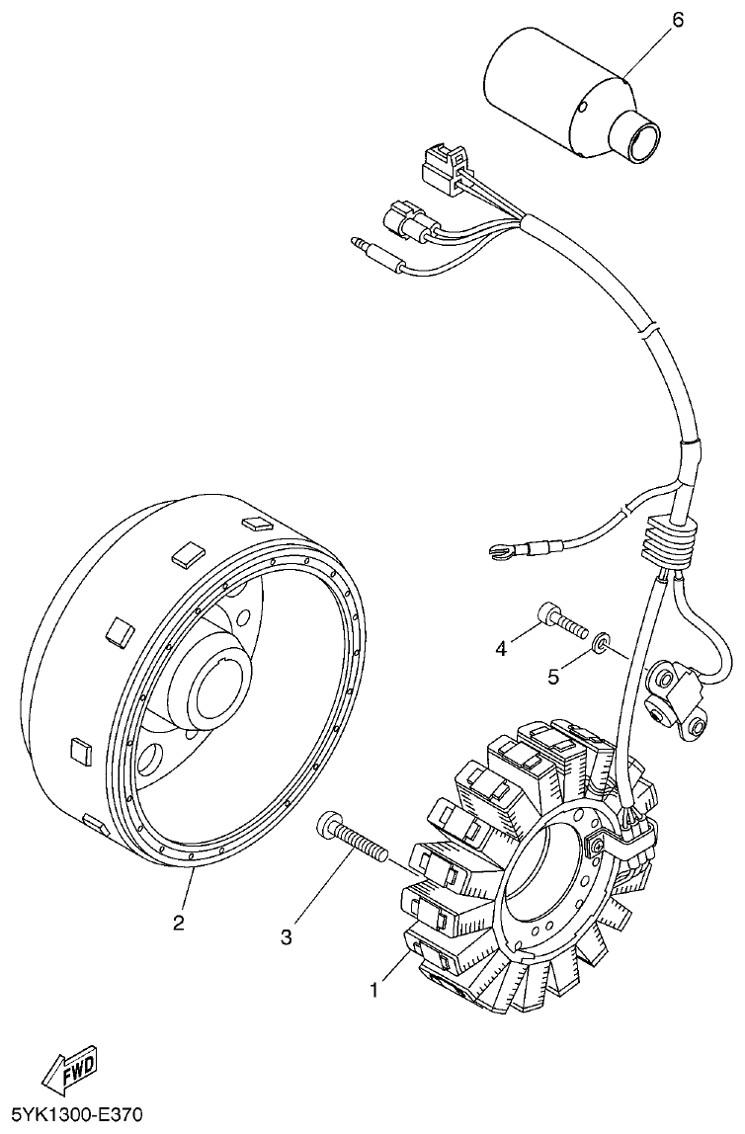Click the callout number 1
pos(375,989)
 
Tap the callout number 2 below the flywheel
pos(178,924)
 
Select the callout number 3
pos(287,937)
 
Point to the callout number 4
pos(501,648)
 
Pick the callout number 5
pos(554,678)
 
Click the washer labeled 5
pos(600,648)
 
